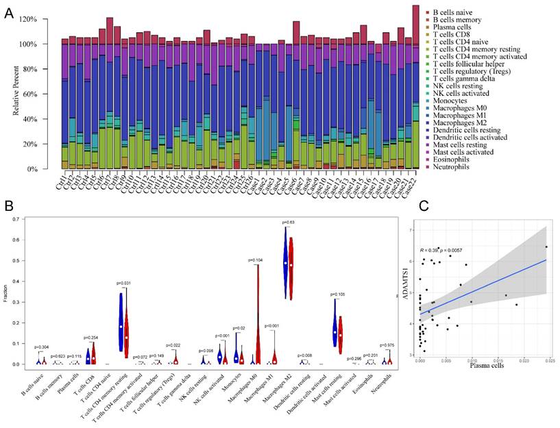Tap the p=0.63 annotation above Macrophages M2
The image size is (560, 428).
(x=288, y=222)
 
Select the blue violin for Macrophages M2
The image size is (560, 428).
(x=284, y=260)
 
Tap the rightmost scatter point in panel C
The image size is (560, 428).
(x=546, y=247)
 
